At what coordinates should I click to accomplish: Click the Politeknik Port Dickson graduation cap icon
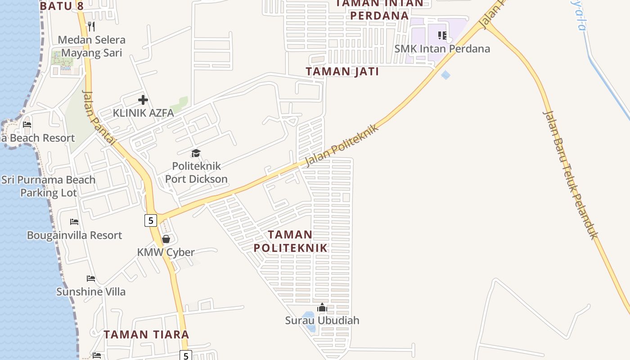[196, 153]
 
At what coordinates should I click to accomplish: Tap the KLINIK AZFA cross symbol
[143, 100]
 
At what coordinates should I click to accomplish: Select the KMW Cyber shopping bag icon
[166, 239]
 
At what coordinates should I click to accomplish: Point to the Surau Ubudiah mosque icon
[322, 308]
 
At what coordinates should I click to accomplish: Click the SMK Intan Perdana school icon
[442, 35]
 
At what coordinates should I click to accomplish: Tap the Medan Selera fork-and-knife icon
[91, 27]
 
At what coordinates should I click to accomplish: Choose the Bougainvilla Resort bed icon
[74, 222]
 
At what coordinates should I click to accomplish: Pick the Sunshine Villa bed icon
[91, 279]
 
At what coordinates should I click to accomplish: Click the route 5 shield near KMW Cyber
[151, 220]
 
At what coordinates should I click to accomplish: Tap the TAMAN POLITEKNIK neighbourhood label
[290, 241]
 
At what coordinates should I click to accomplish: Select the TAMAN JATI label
[342, 72]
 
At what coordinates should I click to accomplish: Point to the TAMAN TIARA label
[146, 334]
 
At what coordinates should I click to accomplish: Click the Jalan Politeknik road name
[342, 145]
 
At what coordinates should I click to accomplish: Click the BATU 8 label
[62, 6]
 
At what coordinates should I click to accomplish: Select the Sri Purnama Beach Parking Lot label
[49, 186]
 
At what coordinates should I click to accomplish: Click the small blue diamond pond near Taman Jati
[445, 75]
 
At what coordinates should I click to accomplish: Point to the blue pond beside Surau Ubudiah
[309, 320]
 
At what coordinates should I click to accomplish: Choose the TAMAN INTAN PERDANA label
[379, 9]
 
